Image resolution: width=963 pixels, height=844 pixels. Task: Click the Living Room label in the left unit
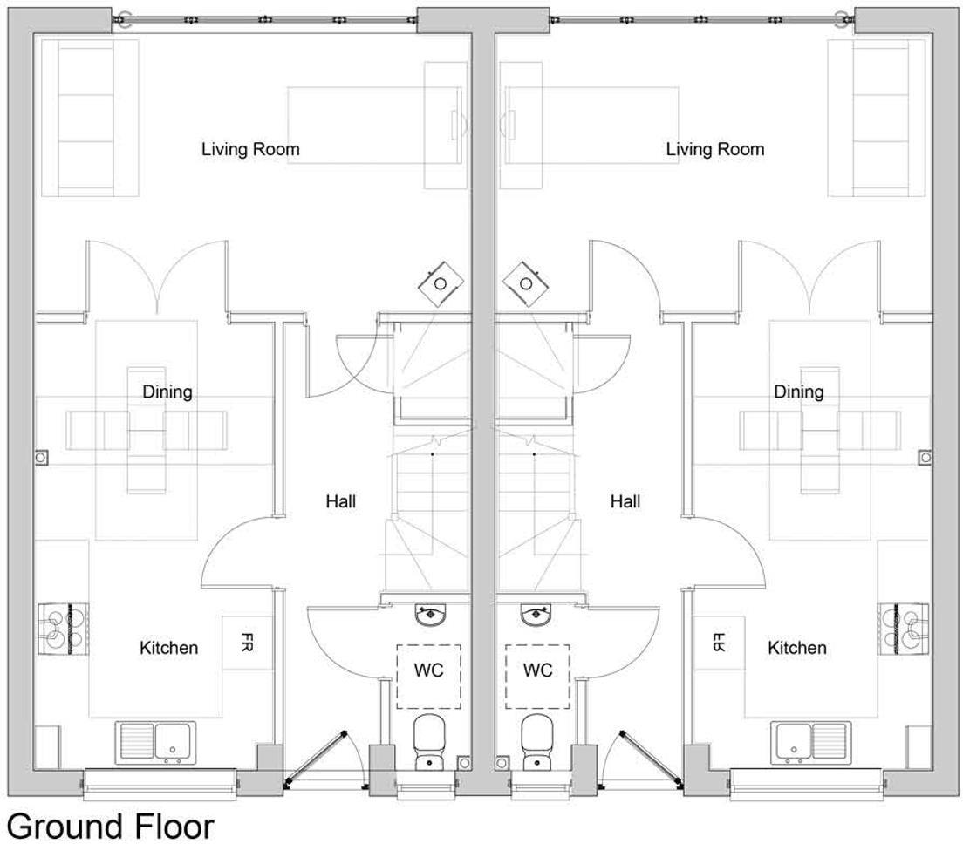(250, 149)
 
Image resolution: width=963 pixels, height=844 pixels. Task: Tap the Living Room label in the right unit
(714, 149)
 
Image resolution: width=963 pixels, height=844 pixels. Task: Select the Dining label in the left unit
(167, 391)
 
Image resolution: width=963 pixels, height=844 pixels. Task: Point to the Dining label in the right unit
(798, 391)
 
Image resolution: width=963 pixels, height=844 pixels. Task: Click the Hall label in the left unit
(341, 501)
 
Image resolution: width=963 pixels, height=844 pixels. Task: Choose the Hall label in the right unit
(625, 501)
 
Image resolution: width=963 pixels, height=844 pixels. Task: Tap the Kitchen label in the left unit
(168, 648)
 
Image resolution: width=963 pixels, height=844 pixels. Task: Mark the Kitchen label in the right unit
(797, 648)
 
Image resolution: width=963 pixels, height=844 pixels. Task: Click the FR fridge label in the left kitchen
(247, 643)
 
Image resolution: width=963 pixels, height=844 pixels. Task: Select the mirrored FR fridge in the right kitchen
(719, 643)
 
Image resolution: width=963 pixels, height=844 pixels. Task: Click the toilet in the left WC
(430, 741)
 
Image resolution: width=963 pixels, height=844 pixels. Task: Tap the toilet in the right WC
(536, 741)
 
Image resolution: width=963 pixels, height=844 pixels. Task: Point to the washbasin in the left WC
(431, 616)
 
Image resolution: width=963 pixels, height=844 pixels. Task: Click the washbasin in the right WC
(536, 616)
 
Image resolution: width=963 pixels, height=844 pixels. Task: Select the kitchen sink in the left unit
(156, 743)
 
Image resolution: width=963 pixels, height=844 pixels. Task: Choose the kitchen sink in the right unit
(809, 743)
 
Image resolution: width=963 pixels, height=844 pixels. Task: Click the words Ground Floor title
(110, 825)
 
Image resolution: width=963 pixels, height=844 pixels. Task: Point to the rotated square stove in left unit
(441, 283)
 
